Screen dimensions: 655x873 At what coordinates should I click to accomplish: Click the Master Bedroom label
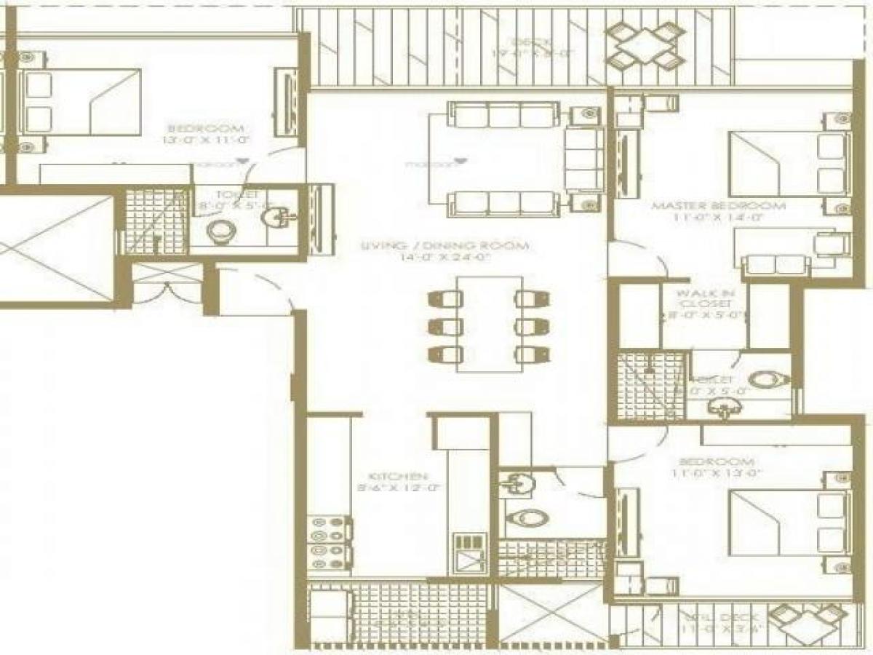click(x=718, y=206)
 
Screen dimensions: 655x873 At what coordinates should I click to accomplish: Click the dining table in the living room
click(x=490, y=324)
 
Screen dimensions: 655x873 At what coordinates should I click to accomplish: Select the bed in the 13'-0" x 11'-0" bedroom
click(x=80, y=102)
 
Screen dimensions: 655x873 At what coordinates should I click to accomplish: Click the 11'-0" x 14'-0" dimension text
click(x=718, y=218)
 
